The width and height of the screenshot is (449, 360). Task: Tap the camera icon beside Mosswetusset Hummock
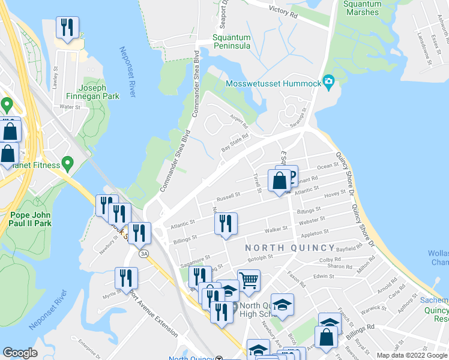328,81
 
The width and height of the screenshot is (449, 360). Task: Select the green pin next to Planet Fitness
68,163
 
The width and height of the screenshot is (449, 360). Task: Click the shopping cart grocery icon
249,280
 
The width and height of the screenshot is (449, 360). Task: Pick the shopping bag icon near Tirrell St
280,180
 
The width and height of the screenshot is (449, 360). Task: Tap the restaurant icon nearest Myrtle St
127,278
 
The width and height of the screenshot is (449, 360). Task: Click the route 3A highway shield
144,254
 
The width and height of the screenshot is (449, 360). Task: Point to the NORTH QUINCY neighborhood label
290,248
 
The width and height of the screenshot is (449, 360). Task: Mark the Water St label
70,107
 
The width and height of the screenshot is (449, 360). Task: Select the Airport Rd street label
238,121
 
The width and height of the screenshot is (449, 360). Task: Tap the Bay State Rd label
235,142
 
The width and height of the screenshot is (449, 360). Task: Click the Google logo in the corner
20,353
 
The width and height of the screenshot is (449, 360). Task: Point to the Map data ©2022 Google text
412,355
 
